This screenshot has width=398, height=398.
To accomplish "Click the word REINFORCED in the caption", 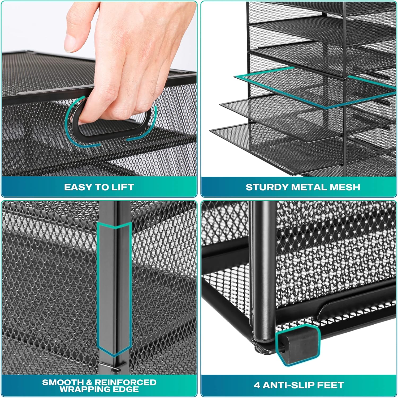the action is pyautogui.click(x=126, y=382).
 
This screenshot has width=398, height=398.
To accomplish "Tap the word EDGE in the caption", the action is pyautogui.click(x=126, y=389).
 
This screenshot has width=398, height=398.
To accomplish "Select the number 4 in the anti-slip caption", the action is pyautogui.click(x=257, y=385).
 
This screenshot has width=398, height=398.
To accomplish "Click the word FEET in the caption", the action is pyautogui.click(x=331, y=385).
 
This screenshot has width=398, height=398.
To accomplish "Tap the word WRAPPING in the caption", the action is pyautogui.click(x=85, y=389).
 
